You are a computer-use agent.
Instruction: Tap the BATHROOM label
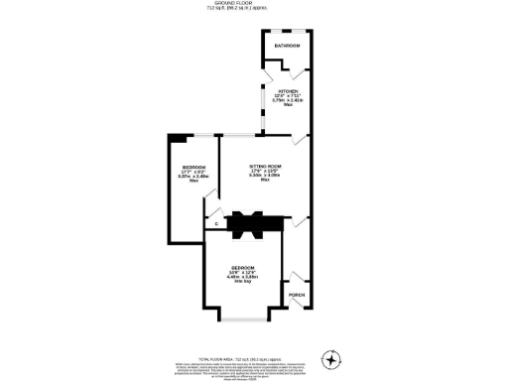[x=287, y=46]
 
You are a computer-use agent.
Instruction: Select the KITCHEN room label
[x=287, y=89]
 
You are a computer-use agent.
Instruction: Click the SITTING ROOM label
[x=266, y=166]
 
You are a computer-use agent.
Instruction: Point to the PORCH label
[x=296, y=295]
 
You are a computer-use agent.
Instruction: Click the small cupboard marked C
[x=216, y=223]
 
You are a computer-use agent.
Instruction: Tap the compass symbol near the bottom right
[x=332, y=358]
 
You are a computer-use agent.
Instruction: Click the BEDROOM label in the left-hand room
[x=193, y=166]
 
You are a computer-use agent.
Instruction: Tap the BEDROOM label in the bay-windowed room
[x=243, y=268]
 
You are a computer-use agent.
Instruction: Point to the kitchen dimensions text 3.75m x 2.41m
[x=287, y=100]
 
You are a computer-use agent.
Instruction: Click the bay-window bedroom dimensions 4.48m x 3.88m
[x=243, y=278]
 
